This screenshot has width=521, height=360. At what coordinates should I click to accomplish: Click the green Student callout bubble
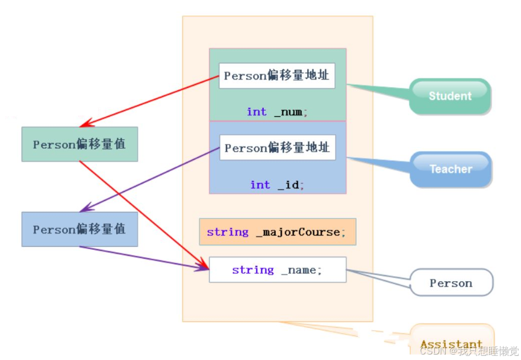tap(450, 96)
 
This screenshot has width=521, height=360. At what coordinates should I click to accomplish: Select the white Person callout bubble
tap(451, 283)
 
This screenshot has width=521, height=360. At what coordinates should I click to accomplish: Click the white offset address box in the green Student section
tap(276, 76)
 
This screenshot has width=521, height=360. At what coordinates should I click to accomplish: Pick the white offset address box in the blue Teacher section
tap(277, 147)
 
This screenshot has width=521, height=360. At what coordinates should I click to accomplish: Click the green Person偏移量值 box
tap(80, 144)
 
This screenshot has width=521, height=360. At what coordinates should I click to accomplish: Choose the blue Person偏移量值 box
tap(80, 229)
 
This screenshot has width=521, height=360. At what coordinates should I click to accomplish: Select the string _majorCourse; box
tap(277, 232)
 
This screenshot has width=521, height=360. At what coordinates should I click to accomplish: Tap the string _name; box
tap(277, 270)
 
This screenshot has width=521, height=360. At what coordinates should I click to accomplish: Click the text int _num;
tap(277, 111)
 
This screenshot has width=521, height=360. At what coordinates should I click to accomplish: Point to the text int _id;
tap(277, 185)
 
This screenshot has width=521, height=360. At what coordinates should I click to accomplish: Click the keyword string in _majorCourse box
tap(228, 232)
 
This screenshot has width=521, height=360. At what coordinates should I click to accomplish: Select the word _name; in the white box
tap(302, 270)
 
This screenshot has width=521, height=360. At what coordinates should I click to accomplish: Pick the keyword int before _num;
tap(257, 111)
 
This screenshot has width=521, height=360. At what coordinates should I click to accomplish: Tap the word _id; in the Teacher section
tap(291, 185)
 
